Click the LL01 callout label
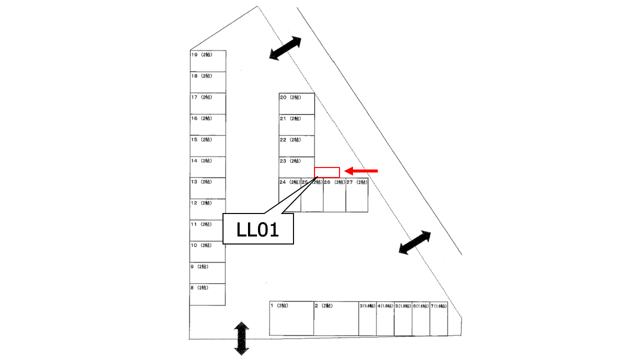coord(257,229)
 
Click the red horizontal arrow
coord(361,171)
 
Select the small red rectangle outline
coord(327,172)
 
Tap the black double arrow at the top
coord(285,48)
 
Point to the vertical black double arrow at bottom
coord(241,338)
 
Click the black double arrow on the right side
coord(414,242)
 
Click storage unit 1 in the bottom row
coord(291,318)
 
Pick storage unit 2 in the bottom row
coord(336,318)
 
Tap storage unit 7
coord(438,318)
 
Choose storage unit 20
coord(297,103)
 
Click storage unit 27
coord(357,195)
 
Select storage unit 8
coord(207,294)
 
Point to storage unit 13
coord(207,188)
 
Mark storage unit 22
coord(297,146)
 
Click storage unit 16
coord(207,124)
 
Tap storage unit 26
coord(334,195)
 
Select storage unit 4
coord(385,318)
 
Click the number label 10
coord(194,245)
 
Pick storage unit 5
coord(403,318)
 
